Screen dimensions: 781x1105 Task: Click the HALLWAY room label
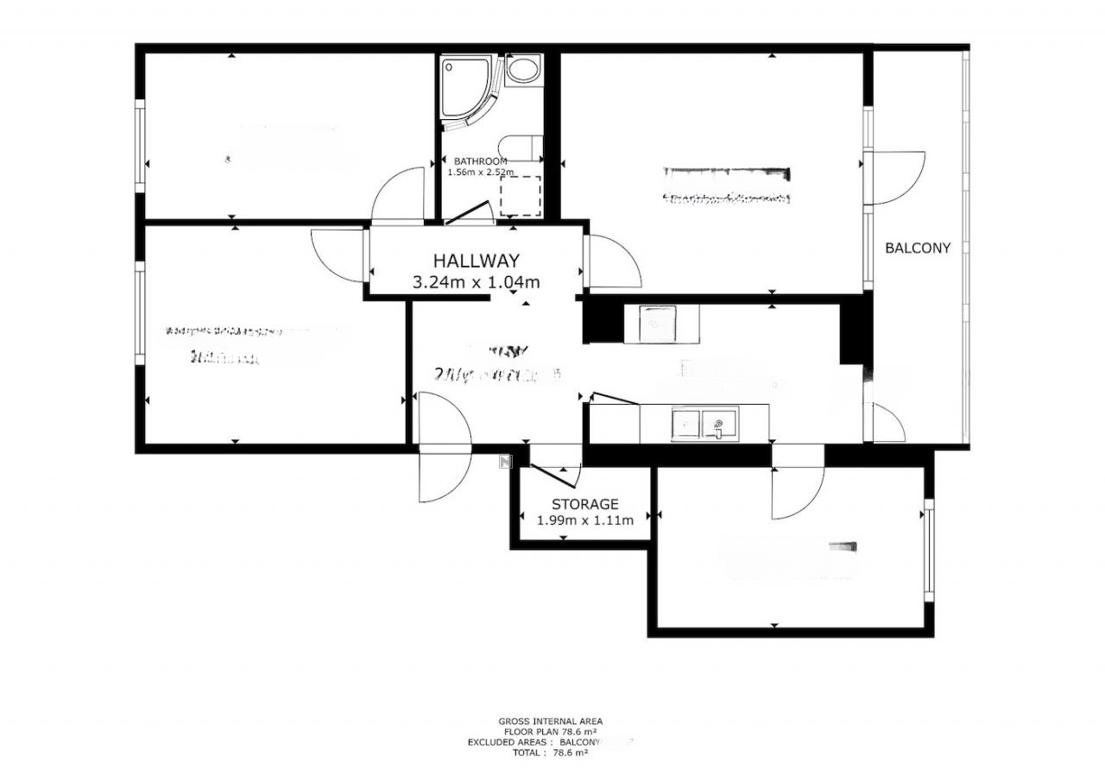tap(476, 260)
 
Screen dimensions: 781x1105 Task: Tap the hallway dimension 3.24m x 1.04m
tap(476, 281)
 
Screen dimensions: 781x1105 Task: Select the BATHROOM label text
tap(480, 161)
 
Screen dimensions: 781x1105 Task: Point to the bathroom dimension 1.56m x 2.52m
tap(480, 173)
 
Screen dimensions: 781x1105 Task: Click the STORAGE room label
tap(584, 504)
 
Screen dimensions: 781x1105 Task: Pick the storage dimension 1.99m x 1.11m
tap(584, 520)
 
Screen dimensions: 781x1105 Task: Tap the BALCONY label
tap(918, 248)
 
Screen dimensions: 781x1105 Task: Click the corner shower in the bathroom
tap(464, 91)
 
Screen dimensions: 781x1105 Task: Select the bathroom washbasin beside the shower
tap(522, 70)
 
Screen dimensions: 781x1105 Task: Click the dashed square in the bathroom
tap(521, 196)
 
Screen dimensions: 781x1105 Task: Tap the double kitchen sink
tap(704, 424)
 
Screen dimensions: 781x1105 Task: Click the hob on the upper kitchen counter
tap(662, 324)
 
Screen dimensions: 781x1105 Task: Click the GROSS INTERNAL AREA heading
tap(550, 721)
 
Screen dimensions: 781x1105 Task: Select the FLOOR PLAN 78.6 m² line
tap(550, 732)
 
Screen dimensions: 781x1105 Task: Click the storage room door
tap(552, 474)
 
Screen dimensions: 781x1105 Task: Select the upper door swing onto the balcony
tap(898, 177)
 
